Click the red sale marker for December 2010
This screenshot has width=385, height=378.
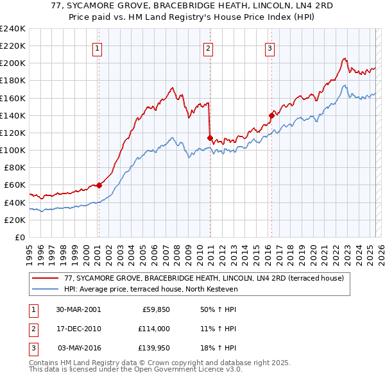(210, 137)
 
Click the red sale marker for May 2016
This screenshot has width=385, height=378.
(271, 115)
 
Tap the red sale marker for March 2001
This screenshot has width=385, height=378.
(99, 185)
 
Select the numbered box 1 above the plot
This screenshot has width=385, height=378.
(98, 48)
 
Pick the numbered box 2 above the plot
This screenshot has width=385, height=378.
(209, 48)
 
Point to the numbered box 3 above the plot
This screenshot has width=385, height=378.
(269, 48)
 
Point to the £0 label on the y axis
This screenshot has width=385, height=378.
(21, 237)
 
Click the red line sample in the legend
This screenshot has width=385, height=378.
(46, 279)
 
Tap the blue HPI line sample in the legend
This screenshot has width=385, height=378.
(46, 290)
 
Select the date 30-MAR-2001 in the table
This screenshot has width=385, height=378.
(78, 309)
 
